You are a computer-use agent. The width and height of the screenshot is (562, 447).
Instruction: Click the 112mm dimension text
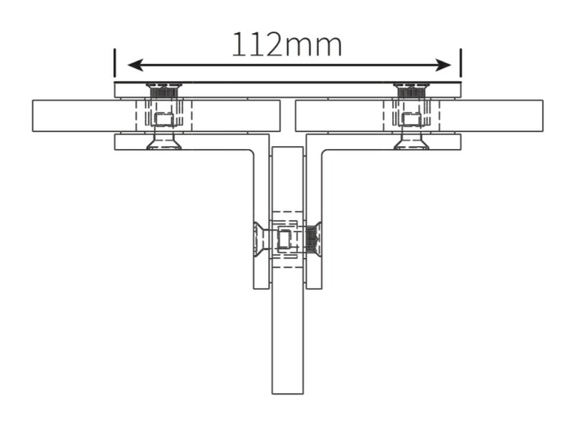pyautogui.click(x=287, y=44)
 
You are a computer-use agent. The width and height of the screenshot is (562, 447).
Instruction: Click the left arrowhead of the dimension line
pyautogui.click(x=134, y=65)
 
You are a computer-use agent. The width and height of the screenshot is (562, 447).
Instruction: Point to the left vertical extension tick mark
pyautogui.click(x=115, y=62)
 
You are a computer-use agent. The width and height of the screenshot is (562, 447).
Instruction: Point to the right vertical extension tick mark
pyautogui.click(x=460, y=62)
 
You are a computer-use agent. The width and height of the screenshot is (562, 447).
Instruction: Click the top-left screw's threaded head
pyautogui.click(x=164, y=90)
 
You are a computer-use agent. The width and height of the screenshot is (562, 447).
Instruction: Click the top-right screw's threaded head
pyautogui.click(x=411, y=90)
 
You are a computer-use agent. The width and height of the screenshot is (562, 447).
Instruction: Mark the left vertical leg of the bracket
pyautogui.click(x=261, y=215)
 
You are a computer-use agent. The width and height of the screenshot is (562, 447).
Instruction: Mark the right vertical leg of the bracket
pyautogui.click(x=314, y=215)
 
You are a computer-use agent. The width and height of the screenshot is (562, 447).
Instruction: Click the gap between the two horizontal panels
pyautogui.click(x=287, y=116)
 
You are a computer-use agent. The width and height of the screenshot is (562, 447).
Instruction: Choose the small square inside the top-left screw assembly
pyautogui.click(x=164, y=119)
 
